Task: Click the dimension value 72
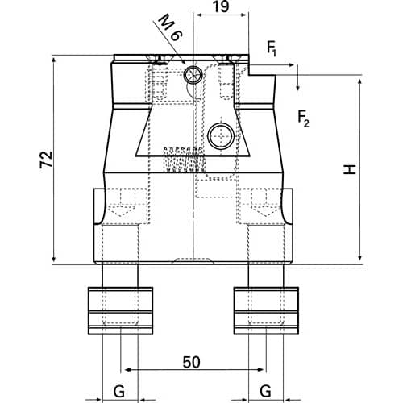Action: tap(46, 160)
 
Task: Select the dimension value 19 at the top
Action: tap(222, 6)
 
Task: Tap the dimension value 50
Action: tap(192, 362)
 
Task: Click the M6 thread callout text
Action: tap(170, 27)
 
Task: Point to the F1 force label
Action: tap(272, 48)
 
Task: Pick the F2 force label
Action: tap(304, 118)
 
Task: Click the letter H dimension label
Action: tap(350, 169)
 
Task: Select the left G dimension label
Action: tap(119, 391)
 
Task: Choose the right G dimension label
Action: tap(265, 391)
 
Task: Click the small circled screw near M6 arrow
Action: tap(193, 74)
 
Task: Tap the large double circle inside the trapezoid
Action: tap(221, 136)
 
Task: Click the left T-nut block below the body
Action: tap(121, 310)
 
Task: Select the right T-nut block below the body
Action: tap(266, 310)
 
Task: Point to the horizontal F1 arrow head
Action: tap(291, 65)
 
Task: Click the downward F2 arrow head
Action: tap(297, 87)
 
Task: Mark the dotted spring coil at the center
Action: tap(185, 160)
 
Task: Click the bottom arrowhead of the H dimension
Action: tap(360, 257)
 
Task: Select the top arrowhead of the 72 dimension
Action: tap(54, 60)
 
